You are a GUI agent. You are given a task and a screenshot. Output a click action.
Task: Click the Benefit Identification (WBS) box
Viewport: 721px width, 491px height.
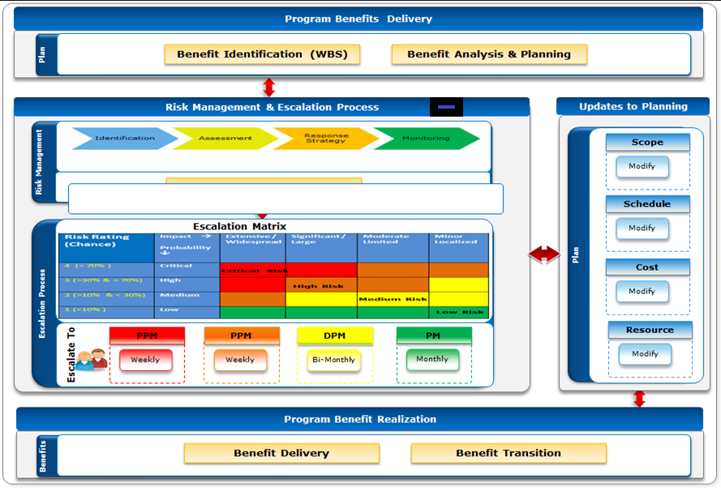click(262, 54)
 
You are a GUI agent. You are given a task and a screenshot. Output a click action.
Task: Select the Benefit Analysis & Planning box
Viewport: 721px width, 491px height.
click(489, 54)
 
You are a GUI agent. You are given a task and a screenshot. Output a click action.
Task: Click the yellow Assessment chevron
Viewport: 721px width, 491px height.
click(225, 139)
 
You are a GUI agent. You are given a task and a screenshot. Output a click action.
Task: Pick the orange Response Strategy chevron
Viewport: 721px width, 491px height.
click(325, 139)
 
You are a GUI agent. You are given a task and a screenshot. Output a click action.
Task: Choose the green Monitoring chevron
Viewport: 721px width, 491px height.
click(426, 139)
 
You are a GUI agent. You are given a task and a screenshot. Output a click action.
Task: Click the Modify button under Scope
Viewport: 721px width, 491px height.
click(642, 167)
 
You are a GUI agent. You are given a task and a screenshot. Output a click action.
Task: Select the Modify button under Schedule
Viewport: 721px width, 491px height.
click(642, 228)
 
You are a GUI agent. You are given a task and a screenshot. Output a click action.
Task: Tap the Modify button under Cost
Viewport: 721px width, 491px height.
click(642, 292)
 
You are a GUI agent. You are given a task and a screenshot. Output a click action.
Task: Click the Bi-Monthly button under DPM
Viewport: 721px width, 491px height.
click(333, 361)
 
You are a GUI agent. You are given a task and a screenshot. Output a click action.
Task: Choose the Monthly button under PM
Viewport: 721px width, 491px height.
click(432, 360)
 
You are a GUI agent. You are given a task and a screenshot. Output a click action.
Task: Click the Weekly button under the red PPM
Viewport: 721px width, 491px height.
click(145, 361)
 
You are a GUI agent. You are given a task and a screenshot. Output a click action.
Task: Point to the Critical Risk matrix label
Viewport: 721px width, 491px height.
click(254, 271)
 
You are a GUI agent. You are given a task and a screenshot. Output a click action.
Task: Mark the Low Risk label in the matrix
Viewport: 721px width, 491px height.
click(460, 312)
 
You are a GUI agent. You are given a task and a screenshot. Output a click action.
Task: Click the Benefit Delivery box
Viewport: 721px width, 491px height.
click(281, 453)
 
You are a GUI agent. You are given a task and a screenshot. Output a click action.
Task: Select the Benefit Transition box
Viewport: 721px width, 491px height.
click(509, 453)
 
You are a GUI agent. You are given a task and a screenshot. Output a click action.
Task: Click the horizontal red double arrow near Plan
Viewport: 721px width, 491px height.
click(543, 254)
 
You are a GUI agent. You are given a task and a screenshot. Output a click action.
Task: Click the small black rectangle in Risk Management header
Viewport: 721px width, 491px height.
click(446, 107)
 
